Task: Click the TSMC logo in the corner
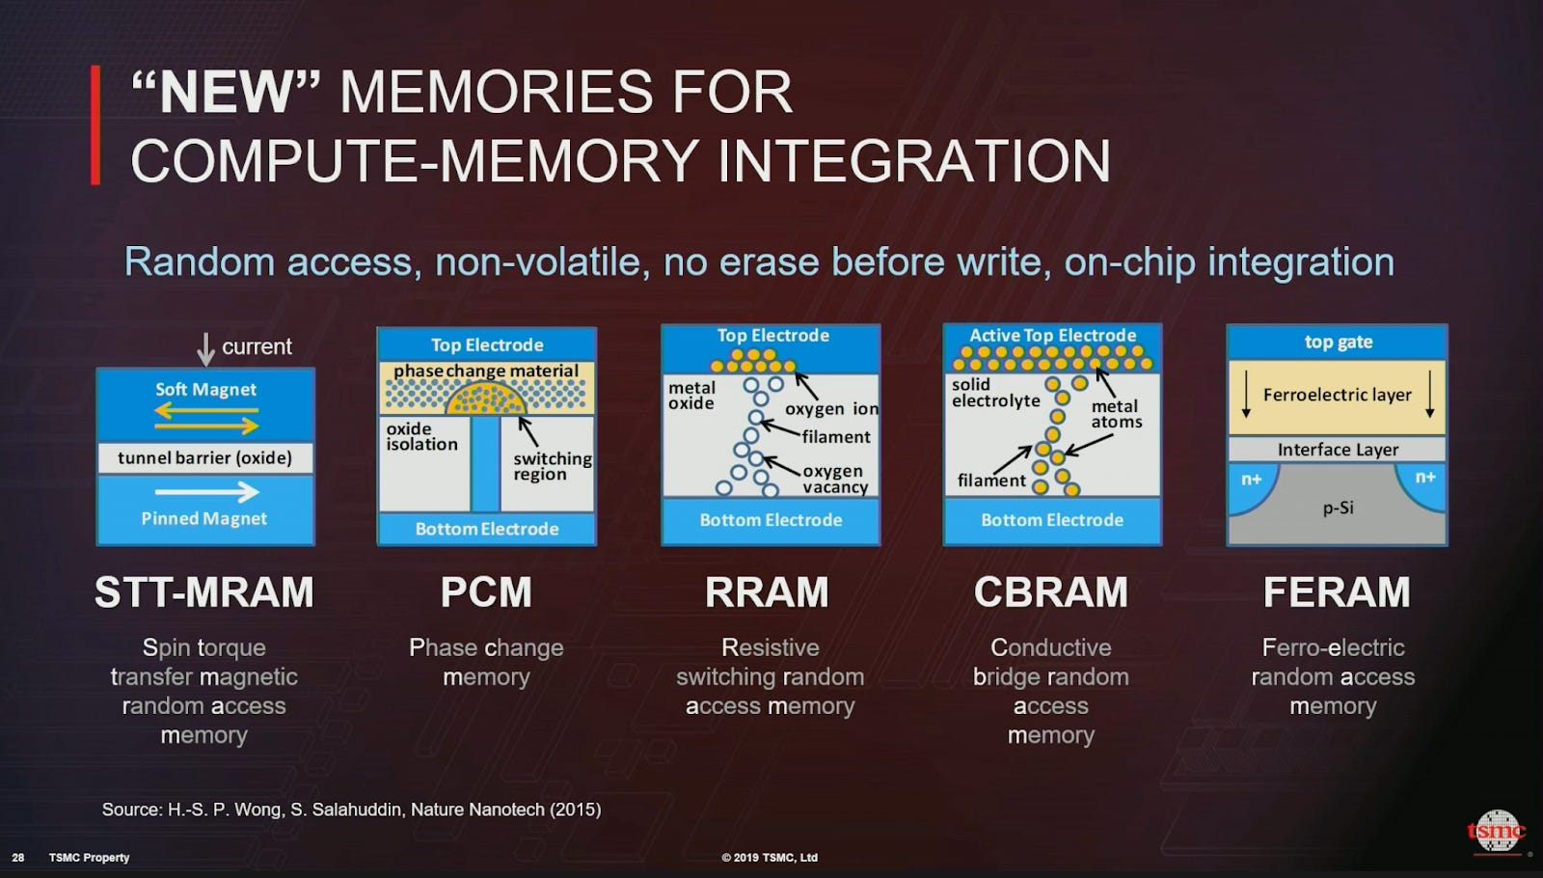click(x=1496, y=831)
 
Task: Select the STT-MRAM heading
click(x=204, y=592)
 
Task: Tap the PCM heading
click(x=486, y=592)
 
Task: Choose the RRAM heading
click(x=767, y=592)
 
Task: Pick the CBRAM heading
click(x=1050, y=592)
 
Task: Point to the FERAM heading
click(x=1337, y=592)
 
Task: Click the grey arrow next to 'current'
click(x=205, y=348)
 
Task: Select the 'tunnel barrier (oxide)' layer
click(x=204, y=457)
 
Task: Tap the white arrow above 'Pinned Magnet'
click(x=206, y=492)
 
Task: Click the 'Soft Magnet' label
click(x=205, y=390)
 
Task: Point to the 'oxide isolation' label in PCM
click(x=421, y=436)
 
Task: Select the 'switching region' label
click(x=552, y=466)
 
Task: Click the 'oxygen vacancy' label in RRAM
click(x=834, y=479)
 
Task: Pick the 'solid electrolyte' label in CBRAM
click(x=995, y=393)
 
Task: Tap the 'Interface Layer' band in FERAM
click(x=1337, y=450)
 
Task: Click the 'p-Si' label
click(x=1338, y=508)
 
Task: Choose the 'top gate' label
click(x=1338, y=343)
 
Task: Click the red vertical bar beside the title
click(x=95, y=124)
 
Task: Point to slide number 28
click(x=18, y=857)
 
